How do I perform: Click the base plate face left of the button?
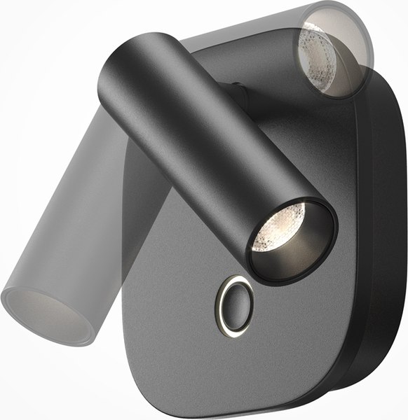click(x=182, y=294)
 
